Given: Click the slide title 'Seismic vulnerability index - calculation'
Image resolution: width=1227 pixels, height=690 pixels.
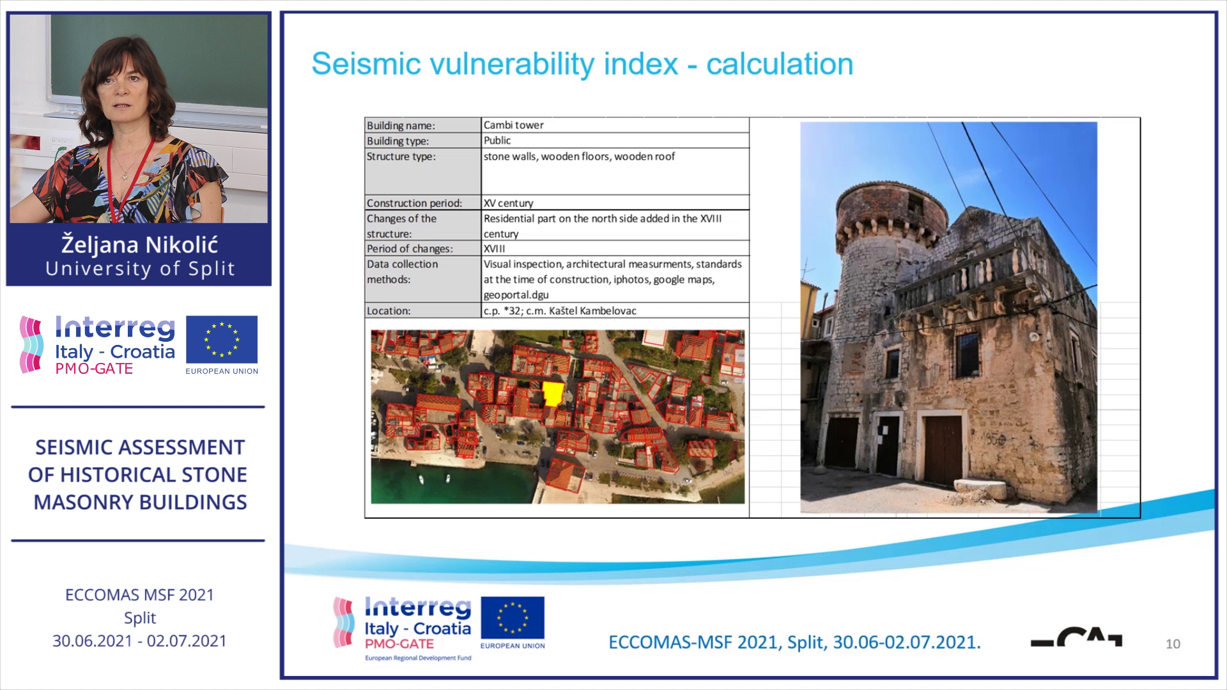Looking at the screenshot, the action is pos(582,65).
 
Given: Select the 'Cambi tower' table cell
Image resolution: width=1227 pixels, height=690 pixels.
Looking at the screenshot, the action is pos(513,125).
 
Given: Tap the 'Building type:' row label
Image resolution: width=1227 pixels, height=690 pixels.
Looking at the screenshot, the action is pos(397,141).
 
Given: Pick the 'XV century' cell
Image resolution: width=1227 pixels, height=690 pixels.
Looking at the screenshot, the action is pos(508,203).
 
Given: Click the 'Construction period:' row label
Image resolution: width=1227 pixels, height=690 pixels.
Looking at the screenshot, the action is pos(414,203).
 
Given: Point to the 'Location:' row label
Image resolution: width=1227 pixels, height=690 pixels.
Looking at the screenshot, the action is pos(388,311).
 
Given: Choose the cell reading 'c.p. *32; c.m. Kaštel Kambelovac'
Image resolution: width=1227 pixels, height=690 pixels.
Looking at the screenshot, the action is pos(560,311).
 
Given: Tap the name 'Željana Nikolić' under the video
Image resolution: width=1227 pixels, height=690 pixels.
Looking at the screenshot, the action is pos(139,245).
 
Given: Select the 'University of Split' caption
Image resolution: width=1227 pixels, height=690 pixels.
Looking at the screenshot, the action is pos(140,268).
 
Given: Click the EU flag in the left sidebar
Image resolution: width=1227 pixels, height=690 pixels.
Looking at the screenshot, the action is pos(222,339).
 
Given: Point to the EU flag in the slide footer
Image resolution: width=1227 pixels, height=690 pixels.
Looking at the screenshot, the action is pos(513,618).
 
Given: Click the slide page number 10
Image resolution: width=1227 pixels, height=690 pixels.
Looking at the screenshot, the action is pos(1173,644).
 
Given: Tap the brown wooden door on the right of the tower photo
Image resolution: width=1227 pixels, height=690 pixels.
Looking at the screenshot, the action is pos(943,450).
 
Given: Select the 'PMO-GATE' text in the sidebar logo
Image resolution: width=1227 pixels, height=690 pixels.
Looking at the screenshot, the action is pos(94,369).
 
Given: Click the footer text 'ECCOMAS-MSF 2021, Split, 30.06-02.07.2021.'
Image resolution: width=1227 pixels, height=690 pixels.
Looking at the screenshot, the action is pos(794,642).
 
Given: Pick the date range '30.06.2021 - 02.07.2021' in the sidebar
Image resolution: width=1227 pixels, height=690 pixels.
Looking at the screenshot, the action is pos(139,641).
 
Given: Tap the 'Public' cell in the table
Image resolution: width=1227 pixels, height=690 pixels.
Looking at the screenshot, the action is pos(497,141).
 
